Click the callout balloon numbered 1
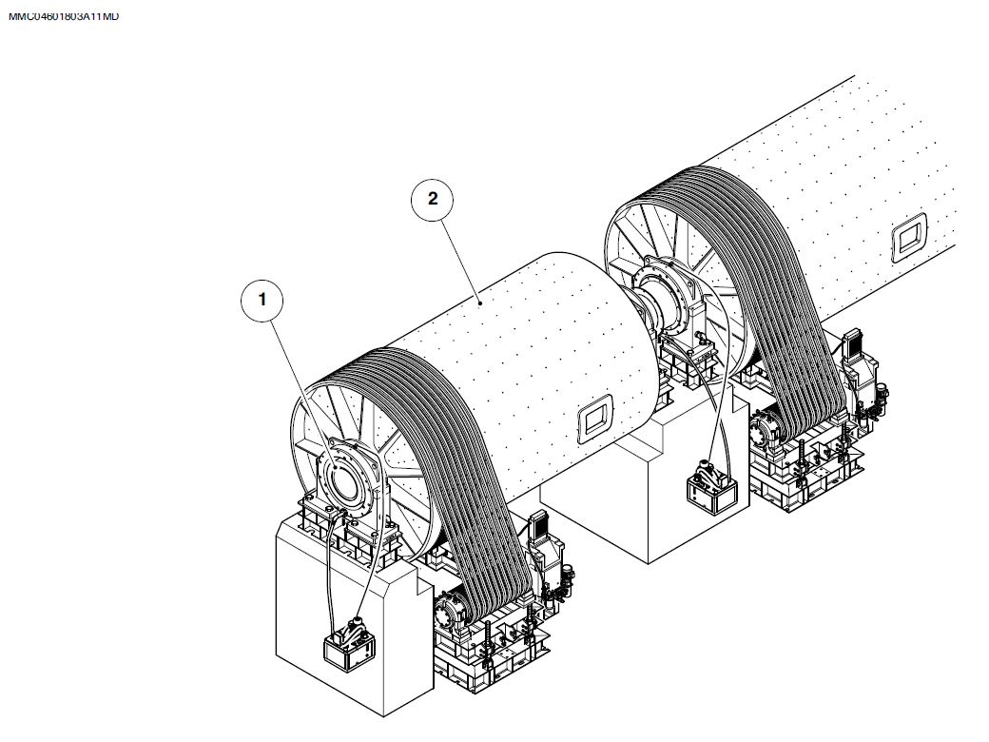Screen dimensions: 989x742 (262, 300)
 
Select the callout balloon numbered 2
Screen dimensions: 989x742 (432, 199)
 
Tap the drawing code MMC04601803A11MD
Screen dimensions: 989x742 (63, 16)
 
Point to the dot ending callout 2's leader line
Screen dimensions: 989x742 (480, 303)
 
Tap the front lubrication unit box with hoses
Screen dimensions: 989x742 (349, 645)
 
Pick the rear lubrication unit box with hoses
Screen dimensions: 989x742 (712, 488)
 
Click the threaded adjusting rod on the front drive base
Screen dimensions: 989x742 (487, 644)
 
